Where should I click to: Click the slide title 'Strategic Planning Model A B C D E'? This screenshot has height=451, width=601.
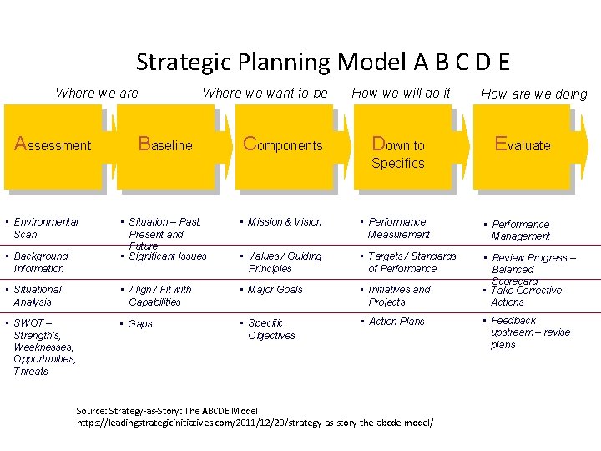tap(322, 62)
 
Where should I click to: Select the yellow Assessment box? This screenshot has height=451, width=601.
tap(53, 146)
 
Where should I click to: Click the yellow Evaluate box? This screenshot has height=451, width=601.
tap(523, 146)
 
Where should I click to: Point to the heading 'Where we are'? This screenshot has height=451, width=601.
tap(97, 93)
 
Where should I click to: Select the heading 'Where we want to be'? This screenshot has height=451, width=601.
tap(265, 93)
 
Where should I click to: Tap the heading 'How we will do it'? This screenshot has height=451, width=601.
tap(401, 93)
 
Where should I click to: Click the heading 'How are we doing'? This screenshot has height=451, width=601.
tap(534, 94)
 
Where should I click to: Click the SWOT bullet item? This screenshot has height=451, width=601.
tap(43, 347)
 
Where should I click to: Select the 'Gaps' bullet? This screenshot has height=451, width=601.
tap(140, 324)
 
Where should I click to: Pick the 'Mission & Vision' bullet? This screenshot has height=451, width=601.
tap(284, 222)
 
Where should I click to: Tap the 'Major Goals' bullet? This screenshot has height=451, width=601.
tap(275, 290)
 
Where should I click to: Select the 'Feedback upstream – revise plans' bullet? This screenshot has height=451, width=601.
tap(530, 332)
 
